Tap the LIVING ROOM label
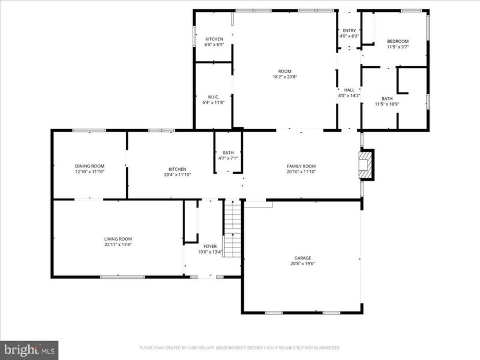pyautogui.click(x=118, y=239)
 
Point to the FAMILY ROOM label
pyautogui.click(x=301, y=166)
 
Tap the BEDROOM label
pyautogui.click(x=398, y=41)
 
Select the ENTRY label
pyautogui.click(x=349, y=30)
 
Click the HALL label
pyautogui.click(x=349, y=90)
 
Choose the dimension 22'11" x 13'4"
pyautogui.click(x=118, y=245)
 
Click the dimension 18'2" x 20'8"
pyautogui.click(x=285, y=77)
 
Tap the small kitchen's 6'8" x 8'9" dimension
pyautogui.click(x=214, y=45)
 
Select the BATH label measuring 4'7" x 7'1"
pyautogui.click(x=228, y=153)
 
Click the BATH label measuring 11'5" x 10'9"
pyautogui.click(x=387, y=98)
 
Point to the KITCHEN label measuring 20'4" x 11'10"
pyautogui.click(x=177, y=169)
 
